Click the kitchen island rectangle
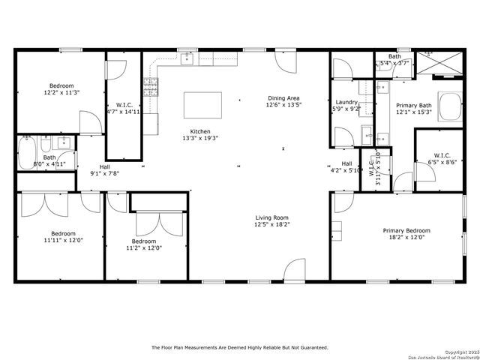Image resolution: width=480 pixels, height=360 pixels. (x=202, y=105)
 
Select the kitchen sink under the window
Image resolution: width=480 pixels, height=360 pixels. (x=187, y=58)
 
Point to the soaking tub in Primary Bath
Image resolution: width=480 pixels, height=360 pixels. (x=451, y=106)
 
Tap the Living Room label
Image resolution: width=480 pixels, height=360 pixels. (x=271, y=217)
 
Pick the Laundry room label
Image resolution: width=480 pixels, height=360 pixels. (x=346, y=102)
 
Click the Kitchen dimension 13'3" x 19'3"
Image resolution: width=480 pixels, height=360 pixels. (x=199, y=138)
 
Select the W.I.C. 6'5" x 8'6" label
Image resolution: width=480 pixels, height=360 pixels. (x=442, y=157)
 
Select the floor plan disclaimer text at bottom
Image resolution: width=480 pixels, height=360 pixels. (x=240, y=347)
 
